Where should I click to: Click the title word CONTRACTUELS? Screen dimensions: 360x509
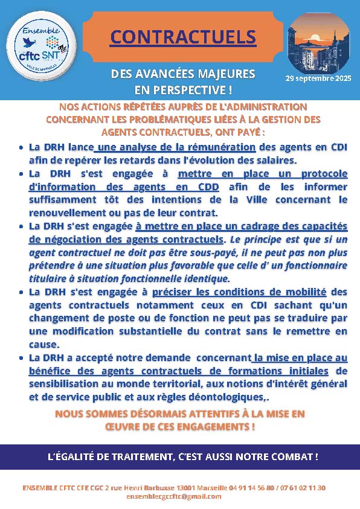(x=183, y=37)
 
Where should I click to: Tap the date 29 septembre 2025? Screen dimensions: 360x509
(x=318, y=78)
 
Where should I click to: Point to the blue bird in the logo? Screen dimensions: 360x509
(x=27, y=43)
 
